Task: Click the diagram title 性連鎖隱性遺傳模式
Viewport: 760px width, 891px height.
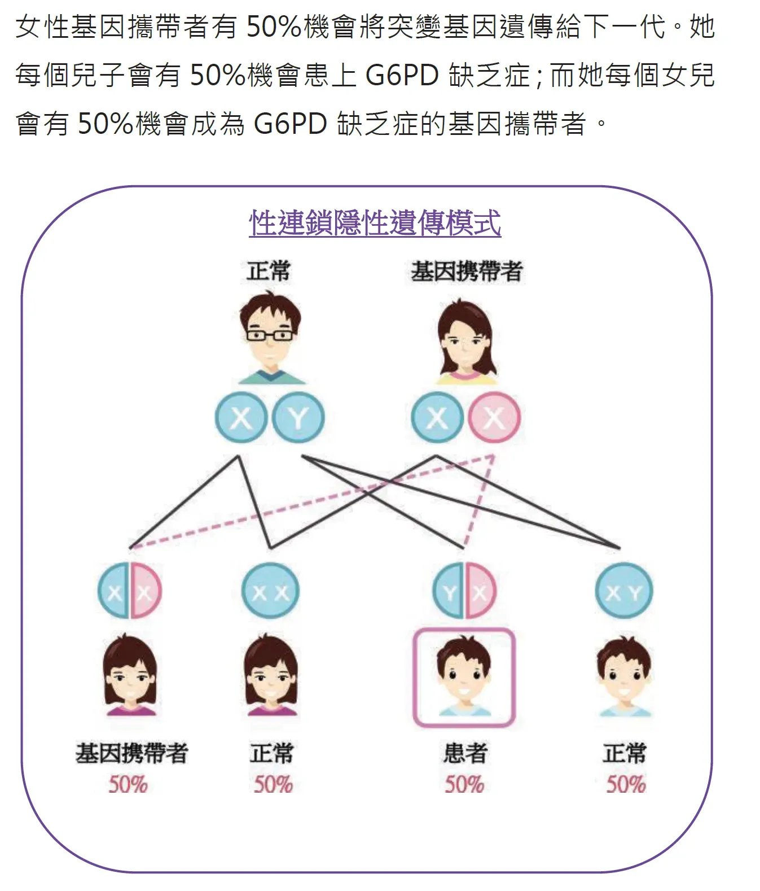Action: coord(375,223)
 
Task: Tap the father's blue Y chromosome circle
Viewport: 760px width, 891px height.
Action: coord(298,418)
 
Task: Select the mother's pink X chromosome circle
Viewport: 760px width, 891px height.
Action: coord(494,418)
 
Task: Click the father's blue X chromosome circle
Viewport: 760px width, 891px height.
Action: coord(241,418)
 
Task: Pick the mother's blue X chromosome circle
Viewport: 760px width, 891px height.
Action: coord(437,418)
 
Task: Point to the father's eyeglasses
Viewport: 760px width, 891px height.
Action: coord(270,335)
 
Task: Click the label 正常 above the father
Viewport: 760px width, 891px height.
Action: coord(269,271)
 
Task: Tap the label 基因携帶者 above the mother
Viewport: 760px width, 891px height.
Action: coord(467,272)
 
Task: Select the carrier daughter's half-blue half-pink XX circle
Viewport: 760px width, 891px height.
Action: coord(130,591)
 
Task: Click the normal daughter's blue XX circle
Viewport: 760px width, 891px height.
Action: coord(270,591)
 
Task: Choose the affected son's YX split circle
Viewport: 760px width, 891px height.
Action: coord(464,591)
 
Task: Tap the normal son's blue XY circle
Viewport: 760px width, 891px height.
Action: coord(624,591)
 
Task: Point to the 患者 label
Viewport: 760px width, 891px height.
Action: coord(465,753)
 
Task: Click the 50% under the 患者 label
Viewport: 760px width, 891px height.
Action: coord(464,784)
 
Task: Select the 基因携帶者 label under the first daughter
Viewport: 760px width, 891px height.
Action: coord(131,753)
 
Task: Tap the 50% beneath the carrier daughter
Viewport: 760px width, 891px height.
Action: coord(128,784)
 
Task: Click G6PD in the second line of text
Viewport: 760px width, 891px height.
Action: coord(402,75)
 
